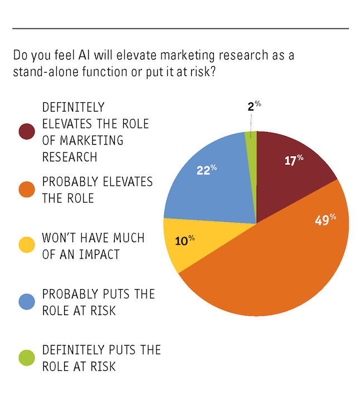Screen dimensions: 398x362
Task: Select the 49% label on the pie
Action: point(326,220)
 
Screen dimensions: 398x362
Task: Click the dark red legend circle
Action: point(26,132)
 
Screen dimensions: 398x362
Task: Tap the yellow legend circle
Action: point(26,246)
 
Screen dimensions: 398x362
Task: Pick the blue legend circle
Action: point(26,301)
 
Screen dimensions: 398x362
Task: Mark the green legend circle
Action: point(26,357)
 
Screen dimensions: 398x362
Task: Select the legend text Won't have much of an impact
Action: point(93,246)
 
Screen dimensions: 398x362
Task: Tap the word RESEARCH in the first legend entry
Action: point(70,157)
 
